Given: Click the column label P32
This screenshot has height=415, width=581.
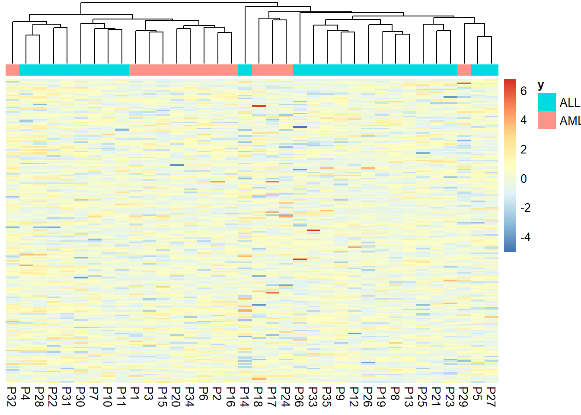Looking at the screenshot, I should pyautogui.click(x=12, y=397).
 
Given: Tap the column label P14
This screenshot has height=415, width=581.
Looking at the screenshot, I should pyautogui.click(x=245, y=397).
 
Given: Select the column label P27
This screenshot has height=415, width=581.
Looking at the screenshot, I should pyautogui.click(x=491, y=397).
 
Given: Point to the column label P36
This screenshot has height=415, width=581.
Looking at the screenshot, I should pyautogui.click(x=300, y=397).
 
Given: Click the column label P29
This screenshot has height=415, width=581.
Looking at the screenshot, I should pyautogui.click(x=464, y=397).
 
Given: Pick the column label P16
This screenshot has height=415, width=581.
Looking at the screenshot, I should pyautogui.click(x=231, y=397).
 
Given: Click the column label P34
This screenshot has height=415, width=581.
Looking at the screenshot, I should pyautogui.click(x=190, y=397).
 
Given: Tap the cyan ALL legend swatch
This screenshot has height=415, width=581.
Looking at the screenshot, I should pyautogui.click(x=546, y=102).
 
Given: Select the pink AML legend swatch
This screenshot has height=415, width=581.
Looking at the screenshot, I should pyautogui.click(x=546, y=120).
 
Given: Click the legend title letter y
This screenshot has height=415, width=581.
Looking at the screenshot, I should pyautogui.click(x=541, y=85).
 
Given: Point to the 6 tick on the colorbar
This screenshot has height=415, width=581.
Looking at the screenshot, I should pyautogui.click(x=524, y=91).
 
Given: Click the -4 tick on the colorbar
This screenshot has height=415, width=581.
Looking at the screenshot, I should pyautogui.click(x=525, y=237).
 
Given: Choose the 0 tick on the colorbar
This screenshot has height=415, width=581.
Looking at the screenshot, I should pyautogui.click(x=524, y=179).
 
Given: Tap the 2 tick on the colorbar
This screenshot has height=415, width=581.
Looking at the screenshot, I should pyautogui.click(x=524, y=149).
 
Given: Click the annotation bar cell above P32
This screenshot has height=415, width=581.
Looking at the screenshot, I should pyautogui.click(x=12, y=70).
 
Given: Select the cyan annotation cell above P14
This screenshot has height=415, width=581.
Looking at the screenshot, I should pyautogui.click(x=245, y=70).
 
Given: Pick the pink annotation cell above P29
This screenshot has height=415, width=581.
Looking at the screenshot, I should pyautogui.click(x=464, y=70).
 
